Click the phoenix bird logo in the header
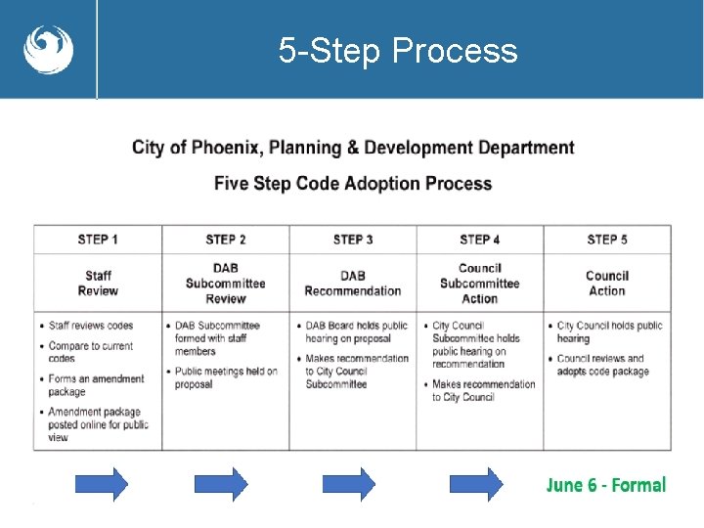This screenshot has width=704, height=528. coord(48,49)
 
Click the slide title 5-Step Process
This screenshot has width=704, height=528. coord(398,50)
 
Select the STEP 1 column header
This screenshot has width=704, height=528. coord(98,240)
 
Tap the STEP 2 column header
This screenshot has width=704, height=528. coord(226,240)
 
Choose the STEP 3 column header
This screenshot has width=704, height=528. coord(353,240)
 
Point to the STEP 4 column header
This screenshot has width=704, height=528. coord(480,240)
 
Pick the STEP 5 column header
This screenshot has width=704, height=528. coord(607,240)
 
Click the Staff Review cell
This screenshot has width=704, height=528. coord(98,284)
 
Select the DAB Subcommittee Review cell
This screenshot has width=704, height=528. coord(226,284)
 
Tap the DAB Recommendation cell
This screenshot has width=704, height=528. coord(353,284)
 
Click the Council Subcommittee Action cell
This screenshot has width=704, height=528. coord(480,284)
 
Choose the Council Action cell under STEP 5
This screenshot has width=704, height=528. coord(607,284)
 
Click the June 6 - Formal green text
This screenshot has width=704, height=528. coord(605,485)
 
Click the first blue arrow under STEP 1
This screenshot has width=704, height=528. coord(101,484)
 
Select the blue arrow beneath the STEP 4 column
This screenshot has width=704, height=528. coord(475,484)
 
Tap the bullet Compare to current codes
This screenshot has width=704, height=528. coord(90,352)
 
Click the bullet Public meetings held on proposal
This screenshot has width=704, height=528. coord(226,377)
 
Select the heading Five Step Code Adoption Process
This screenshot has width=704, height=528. coord(353,183)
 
